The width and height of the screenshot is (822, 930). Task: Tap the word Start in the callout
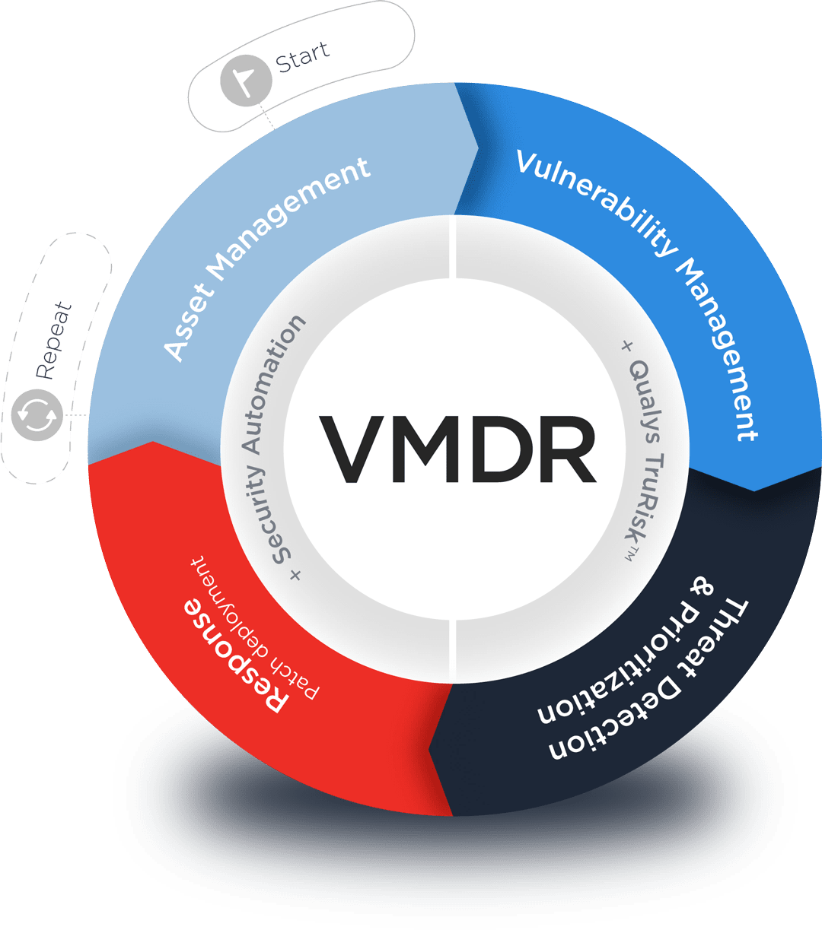point(302,56)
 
